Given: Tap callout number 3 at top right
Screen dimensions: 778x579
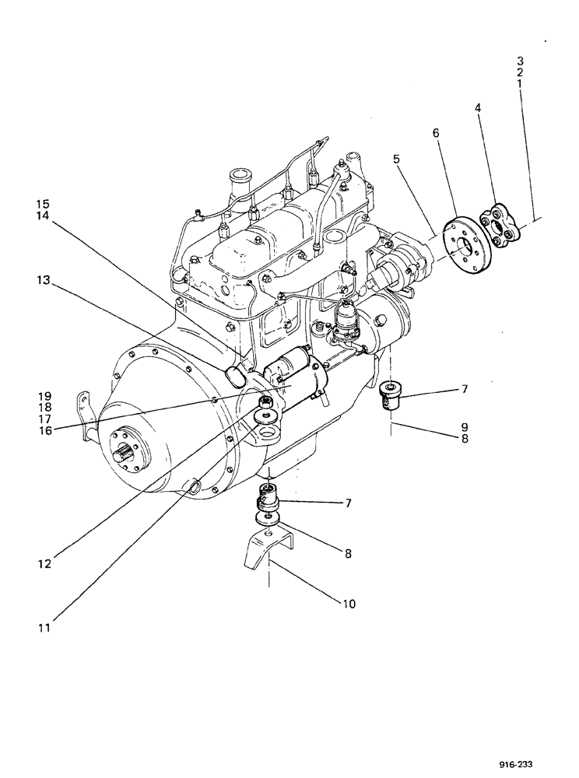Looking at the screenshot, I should (520, 60).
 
